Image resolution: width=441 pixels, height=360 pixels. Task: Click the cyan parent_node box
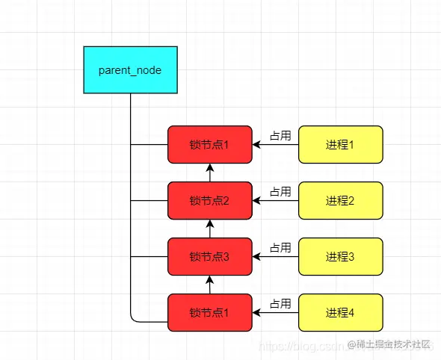130,69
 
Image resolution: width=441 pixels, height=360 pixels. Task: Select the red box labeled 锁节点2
209,200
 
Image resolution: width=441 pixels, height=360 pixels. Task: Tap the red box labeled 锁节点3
209,256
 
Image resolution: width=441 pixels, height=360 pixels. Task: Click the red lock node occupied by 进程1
209,144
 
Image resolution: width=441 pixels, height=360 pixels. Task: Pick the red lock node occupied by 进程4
209,312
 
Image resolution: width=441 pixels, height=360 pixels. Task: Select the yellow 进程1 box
340,144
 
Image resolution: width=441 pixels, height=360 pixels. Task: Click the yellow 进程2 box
340,200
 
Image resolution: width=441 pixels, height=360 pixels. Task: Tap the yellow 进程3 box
340,256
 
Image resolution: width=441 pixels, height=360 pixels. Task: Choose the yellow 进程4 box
340,312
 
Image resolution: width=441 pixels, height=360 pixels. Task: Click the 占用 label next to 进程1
280,136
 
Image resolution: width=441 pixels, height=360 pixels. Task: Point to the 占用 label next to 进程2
280,192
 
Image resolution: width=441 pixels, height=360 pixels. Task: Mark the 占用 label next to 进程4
280,304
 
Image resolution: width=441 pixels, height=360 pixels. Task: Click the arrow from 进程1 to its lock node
276,145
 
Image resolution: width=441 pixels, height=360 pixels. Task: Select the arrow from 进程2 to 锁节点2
276,201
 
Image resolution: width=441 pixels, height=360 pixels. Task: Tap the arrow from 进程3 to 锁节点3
276,257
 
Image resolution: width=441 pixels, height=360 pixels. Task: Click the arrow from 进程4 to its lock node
276,313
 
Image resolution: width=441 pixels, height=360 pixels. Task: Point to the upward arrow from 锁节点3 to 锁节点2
210,229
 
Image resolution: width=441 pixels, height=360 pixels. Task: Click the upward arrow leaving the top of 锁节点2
210,173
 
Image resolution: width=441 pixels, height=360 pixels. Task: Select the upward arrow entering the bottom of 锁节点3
210,285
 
